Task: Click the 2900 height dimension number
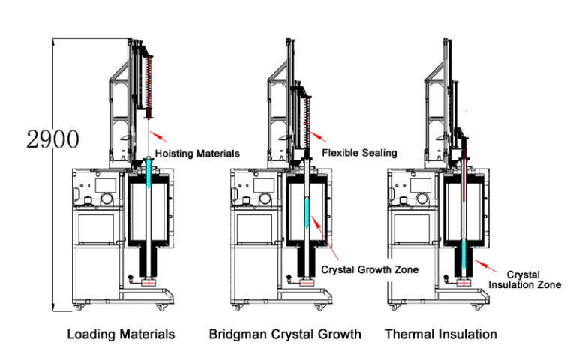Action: (52, 139)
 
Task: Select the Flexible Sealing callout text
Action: (359, 153)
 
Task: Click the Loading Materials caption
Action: (121, 333)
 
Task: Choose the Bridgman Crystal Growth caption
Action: (285, 333)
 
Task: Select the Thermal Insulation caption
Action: (441, 333)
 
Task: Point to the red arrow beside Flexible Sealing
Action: (317, 135)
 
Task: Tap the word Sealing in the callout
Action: (379, 153)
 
